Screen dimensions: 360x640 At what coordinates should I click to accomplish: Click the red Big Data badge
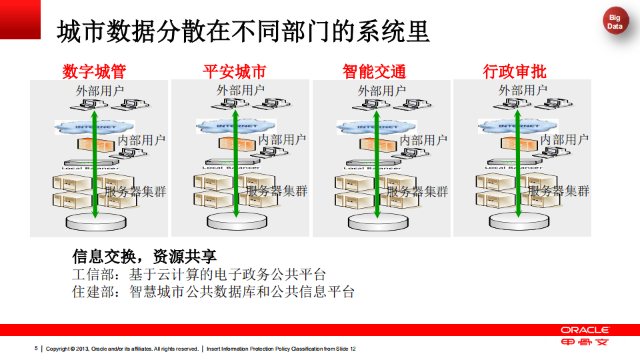coord(615,23)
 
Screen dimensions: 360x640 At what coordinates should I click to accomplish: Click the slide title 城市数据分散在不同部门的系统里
coord(243,31)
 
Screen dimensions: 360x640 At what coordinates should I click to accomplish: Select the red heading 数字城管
coord(94,71)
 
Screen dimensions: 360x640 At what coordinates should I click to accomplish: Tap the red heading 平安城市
coord(234,71)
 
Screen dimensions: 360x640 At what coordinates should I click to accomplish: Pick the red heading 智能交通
coord(374,71)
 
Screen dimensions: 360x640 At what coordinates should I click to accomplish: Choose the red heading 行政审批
coord(515,71)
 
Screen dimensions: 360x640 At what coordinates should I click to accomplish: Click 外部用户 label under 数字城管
coord(100,90)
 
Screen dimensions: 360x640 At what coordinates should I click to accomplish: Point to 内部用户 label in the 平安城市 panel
coord(283,139)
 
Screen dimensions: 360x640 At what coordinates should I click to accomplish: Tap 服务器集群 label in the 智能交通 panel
coord(417,191)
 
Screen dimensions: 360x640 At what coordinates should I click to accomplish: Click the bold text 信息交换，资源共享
coord(144,257)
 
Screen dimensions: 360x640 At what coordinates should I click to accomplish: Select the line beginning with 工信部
coord(199,274)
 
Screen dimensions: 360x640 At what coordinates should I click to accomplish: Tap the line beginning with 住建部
coord(213,291)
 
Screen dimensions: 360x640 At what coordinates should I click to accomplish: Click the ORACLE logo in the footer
coord(585,330)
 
